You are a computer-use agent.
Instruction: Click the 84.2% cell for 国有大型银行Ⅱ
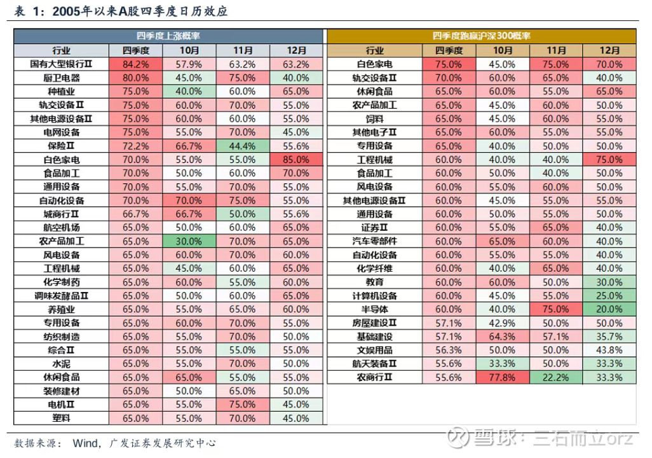pos(135,64)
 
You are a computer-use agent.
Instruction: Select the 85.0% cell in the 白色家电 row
pos(297,160)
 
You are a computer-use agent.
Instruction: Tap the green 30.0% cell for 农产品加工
pos(189,241)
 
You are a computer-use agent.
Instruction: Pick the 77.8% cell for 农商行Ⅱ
pos(503,377)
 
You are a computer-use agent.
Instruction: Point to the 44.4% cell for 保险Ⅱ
pos(243,146)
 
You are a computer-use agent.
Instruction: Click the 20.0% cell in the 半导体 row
pos(609,309)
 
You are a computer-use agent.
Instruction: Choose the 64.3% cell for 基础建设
pos(503,337)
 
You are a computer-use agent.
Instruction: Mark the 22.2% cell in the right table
pos(556,377)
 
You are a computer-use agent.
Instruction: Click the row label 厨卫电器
pos(62,78)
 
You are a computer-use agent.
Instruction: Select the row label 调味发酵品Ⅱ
pos(62,296)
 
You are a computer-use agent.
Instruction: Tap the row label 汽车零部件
pos(375,241)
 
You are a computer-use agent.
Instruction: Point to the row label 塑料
pos(62,418)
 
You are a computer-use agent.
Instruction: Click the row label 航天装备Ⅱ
pos(375,363)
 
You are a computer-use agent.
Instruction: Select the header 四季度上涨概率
pos(168,36)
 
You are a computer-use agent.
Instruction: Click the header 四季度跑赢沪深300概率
pos(481,36)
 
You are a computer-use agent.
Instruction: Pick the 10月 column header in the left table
pos(189,50)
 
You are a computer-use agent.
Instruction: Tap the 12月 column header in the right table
pos(609,50)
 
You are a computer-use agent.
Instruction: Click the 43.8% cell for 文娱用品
pos(609,350)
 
